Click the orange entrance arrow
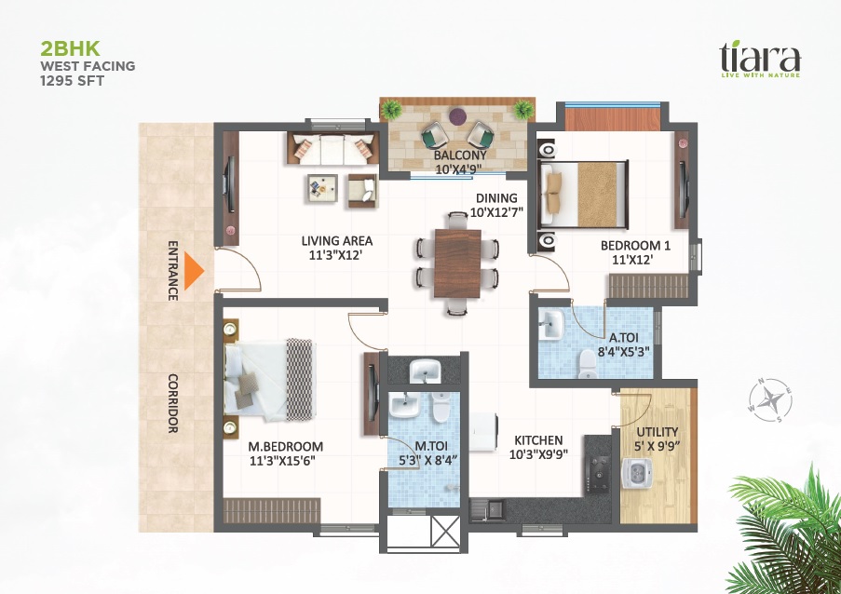point(193,271)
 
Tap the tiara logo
point(760,59)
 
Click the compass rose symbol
point(770,400)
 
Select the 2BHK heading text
point(70,48)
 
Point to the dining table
point(457,263)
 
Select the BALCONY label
point(460,155)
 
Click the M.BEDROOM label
point(285,446)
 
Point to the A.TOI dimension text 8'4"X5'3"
point(624,352)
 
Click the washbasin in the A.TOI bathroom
point(550,324)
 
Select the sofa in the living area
point(333,147)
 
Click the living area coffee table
point(322,188)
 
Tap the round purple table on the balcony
point(457,116)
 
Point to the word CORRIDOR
point(173,403)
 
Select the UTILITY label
point(657,432)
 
